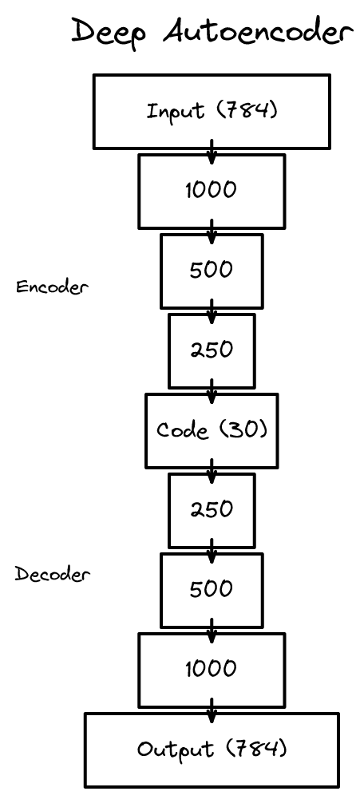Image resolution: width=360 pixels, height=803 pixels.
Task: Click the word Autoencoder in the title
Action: coord(258,32)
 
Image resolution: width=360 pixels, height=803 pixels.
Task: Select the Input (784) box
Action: coord(212,112)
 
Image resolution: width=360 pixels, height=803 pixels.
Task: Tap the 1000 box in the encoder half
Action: coord(212,191)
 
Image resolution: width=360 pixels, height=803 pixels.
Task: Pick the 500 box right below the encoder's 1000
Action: coord(212,271)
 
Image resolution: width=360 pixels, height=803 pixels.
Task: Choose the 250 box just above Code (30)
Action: coord(212,350)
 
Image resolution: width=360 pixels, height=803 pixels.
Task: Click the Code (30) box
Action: coord(212,430)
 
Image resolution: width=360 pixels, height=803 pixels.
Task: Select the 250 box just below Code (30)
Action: coord(212,510)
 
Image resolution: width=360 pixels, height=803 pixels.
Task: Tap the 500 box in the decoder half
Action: coord(212,590)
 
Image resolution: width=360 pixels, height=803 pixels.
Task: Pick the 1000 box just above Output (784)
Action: coord(212,669)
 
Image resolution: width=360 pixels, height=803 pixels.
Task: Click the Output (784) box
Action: coord(212,750)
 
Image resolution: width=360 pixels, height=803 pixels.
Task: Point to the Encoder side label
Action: coord(51,287)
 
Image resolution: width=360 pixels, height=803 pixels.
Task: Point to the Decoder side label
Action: coord(53,574)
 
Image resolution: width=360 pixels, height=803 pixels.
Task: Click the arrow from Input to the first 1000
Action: coord(212,151)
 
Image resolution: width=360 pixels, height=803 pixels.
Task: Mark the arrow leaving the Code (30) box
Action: coord(212,472)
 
